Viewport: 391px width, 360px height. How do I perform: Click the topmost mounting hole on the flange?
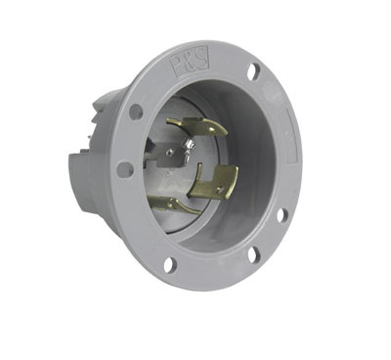pyautogui.click(x=254, y=70)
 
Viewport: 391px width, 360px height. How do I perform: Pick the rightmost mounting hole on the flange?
pyautogui.click(x=281, y=214)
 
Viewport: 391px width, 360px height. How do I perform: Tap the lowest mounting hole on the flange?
pyautogui.click(x=169, y=263)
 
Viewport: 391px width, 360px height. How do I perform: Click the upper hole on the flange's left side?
pyautogui.click(x=136, y=112)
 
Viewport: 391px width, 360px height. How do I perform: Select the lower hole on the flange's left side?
pyautogui.click(x=125, y=169)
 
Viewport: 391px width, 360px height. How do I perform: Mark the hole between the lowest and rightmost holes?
pyautogui.click(x=253, y=254)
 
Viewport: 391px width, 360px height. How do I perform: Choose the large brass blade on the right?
pyautogui.click(x=216, y=181)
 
